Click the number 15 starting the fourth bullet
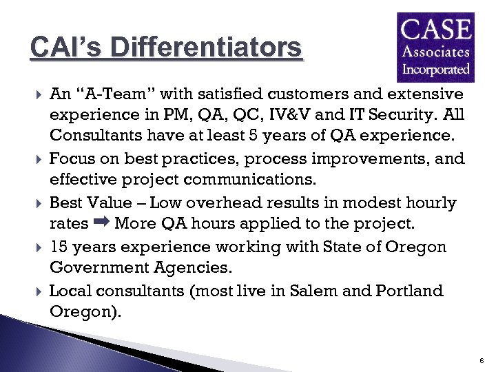coord(59,247)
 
